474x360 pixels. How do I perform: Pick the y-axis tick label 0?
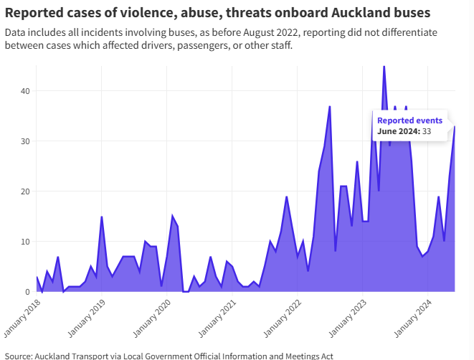(27, 292)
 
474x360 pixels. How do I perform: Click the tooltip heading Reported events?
(409, 120)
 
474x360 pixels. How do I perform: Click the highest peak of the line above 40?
(384, 67)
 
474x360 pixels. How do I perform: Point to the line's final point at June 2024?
(455, 127)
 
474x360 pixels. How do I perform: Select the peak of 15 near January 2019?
(102, 217)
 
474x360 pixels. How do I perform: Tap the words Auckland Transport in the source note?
(69, 355)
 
